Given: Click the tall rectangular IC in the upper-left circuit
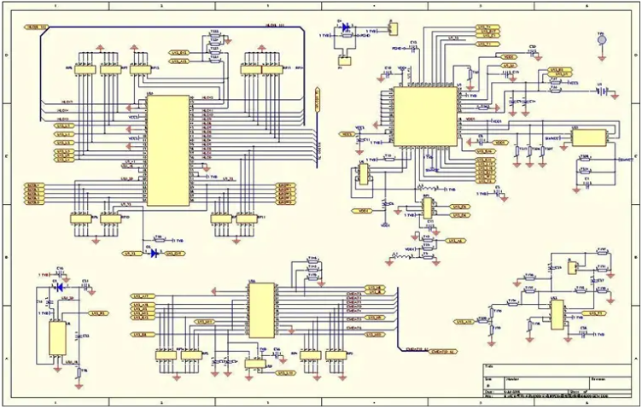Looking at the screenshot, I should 167,150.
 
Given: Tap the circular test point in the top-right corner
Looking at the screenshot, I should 600,38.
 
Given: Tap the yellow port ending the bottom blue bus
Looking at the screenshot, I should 444,350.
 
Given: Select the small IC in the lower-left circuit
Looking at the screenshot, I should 59,337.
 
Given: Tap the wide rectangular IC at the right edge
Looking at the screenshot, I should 588,137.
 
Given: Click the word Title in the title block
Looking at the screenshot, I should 489,366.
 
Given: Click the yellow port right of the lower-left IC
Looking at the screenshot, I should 97,313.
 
